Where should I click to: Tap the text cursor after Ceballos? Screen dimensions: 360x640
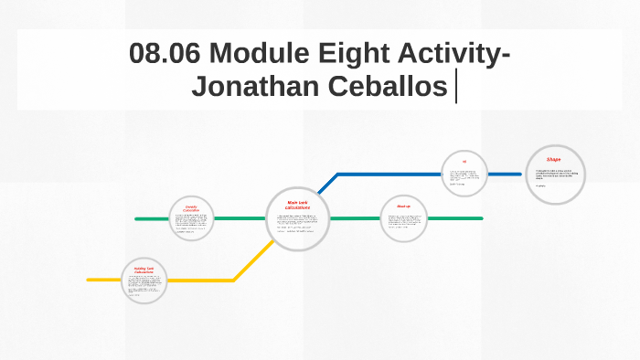pos(455,88)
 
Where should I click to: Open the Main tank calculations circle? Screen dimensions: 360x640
pos(298,219)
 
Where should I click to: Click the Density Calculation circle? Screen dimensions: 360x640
pos(192,219)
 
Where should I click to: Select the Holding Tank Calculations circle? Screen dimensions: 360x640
pos(144,281)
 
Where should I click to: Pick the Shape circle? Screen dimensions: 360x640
pos(555,175)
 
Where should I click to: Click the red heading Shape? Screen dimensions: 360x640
pos(554,160)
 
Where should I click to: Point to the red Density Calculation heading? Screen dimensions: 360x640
pos(191,208)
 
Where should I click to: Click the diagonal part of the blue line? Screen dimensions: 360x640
pos(328,184)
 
